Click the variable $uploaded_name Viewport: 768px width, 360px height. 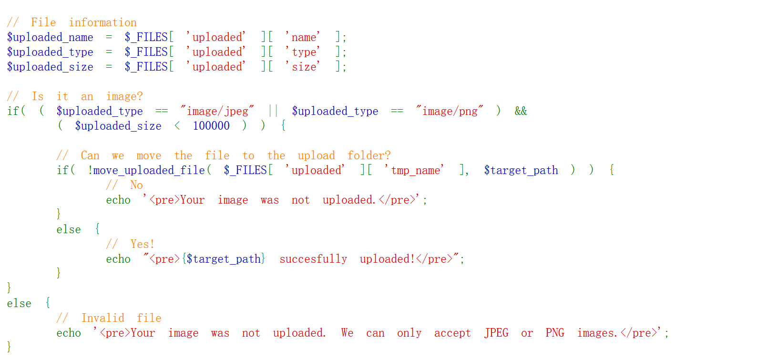pos(50,37)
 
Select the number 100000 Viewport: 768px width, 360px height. pos(211,126)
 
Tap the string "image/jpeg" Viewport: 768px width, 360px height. pos(217,111)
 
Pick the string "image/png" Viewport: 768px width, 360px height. pos(450,111)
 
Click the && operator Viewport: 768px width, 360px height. pos(521,111)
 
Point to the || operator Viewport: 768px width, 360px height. pos(273,111)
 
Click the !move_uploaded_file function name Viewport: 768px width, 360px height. pos(146,170)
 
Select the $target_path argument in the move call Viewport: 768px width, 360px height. pos(521,170)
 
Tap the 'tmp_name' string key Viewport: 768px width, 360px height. pos(415,170)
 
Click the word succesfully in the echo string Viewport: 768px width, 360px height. pos(313,259)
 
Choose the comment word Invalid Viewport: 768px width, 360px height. pos(102,318)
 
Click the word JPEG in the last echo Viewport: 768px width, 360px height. pos(496,333)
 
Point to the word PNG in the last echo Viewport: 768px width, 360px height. pos(555,333)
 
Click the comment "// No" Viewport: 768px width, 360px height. pos(124,185)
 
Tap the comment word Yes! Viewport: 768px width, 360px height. pos(142,244)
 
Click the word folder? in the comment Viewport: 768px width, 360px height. pos(369,155)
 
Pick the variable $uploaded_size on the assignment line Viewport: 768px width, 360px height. pos(50,67)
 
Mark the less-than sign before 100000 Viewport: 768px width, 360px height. pos(177,126)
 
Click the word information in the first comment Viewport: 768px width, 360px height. pos(102,22)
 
